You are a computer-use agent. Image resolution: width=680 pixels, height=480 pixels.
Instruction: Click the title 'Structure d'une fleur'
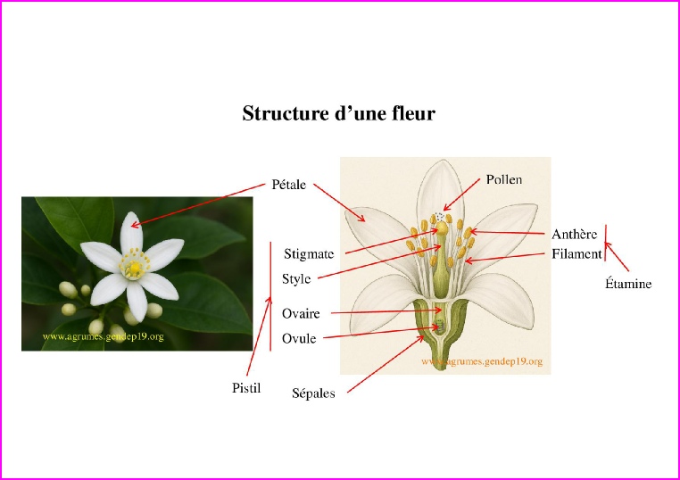(338, 114)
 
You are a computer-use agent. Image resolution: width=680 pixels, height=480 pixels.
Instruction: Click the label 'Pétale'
(288, 186)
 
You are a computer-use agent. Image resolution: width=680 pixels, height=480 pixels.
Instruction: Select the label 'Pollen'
(503, 179)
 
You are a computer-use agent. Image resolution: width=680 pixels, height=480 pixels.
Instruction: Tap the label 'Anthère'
(574, 235)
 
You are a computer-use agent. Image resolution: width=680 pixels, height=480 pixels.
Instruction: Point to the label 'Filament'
(576, 254)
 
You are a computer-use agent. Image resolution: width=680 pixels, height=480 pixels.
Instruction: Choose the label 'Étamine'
(628, 285)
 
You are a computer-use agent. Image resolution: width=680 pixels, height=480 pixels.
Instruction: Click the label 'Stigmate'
(309, 254)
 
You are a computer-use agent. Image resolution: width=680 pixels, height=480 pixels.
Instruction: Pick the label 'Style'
(296, 278)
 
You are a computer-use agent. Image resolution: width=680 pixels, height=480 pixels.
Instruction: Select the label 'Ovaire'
(301, 314)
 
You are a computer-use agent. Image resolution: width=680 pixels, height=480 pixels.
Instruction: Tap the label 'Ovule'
(299, 339)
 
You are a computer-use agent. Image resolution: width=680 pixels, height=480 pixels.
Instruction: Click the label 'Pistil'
(246, 387)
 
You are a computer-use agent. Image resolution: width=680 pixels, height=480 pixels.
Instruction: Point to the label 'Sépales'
(314, 393)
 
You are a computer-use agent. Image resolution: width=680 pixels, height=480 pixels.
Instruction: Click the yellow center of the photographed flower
(134, 266)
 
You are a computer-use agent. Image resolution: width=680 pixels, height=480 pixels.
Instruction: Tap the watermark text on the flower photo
(103, 337)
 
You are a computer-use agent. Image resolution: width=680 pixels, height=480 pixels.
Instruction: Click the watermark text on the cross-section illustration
(481, 363)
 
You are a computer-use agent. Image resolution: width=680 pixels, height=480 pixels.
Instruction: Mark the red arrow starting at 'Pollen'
(463, 196)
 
